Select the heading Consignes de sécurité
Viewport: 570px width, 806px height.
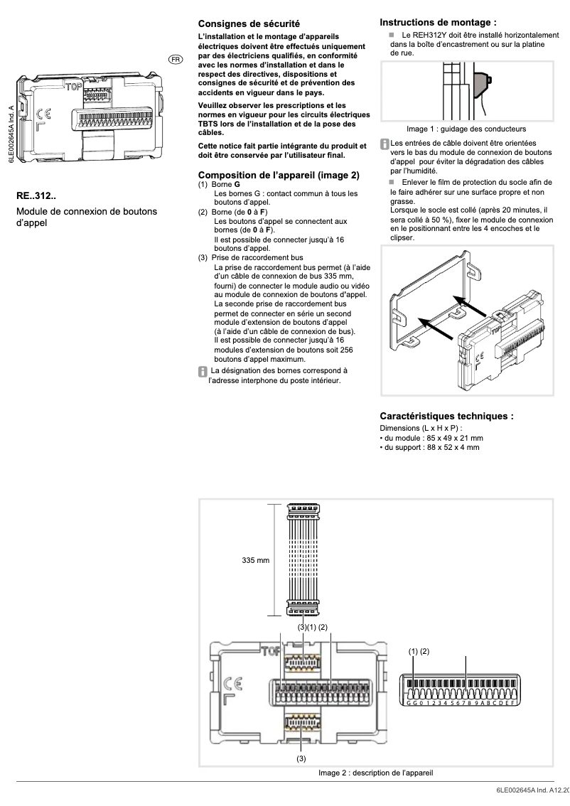(248, 23)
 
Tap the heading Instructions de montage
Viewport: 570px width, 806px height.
(438, 23)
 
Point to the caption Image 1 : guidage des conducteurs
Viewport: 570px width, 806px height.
(466, 129)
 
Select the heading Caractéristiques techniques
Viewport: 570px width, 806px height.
(446, 416)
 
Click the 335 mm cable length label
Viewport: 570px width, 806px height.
(256, 561)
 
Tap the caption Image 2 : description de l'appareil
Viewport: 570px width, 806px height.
(376, 773)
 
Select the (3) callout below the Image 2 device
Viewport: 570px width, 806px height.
(301, 758)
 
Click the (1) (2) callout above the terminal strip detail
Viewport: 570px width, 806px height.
(419, 650)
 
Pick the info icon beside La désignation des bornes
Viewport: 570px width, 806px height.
(203, 371)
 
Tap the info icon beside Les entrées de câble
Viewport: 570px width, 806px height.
(385, 144)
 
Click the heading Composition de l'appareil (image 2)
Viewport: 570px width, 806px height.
(279, 175)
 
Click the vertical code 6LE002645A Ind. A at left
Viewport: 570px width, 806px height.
(11, 135)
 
